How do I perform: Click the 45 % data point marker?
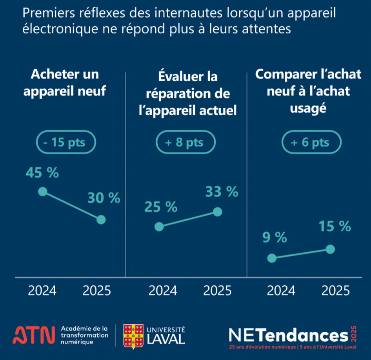43,192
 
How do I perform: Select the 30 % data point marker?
101,219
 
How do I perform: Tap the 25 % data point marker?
159,227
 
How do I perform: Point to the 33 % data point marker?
218,212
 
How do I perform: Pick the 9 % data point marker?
271,258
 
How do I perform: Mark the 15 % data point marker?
330,249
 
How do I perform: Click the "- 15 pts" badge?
66,142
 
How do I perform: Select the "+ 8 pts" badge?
185,142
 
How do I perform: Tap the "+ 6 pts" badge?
311,142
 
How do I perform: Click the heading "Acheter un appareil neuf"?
65,83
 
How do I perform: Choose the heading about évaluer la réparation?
188,93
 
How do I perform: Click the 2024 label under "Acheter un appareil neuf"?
42,291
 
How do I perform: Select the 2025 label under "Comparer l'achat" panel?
335,291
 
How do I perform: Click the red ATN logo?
34,334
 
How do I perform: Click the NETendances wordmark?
288,335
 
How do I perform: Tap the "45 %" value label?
42,173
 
